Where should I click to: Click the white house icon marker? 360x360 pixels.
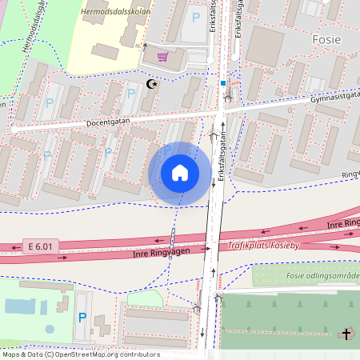click(x=180, y=173)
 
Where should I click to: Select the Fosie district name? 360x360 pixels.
click(x=326, y=39)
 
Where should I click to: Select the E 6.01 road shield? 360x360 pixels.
click(x=41, y=246)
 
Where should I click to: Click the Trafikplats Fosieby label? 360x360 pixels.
click(x=263, y=246)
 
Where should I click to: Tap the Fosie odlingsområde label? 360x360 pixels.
click(x=323, y=275)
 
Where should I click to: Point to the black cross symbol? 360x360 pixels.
click(x=346, y=334)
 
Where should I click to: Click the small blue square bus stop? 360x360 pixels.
click(x=223, y=82)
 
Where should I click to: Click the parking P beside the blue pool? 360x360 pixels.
click(x=82, y=318)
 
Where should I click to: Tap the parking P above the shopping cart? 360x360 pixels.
click(x=196, y=16)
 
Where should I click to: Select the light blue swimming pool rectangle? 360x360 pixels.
click(x=19, y=306)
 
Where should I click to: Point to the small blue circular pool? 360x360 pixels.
click(x=50, y=328)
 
